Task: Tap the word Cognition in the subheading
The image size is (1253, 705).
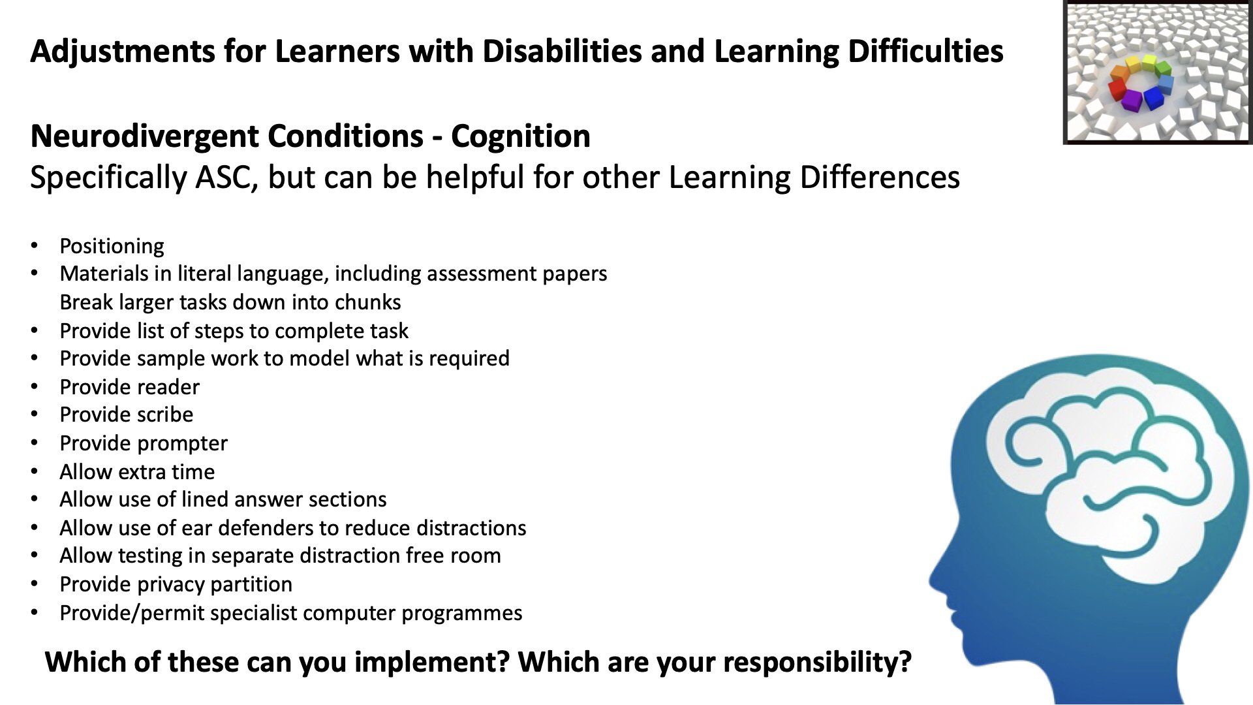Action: pyautogui.click(x=521, y=136)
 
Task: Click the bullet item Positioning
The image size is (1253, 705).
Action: pyautogui.click(x=112, y=247)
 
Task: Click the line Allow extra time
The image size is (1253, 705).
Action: pyautogui.click(x=137, y=472)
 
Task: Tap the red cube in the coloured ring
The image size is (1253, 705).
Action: pyautogui.click(x=1118, y=88)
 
